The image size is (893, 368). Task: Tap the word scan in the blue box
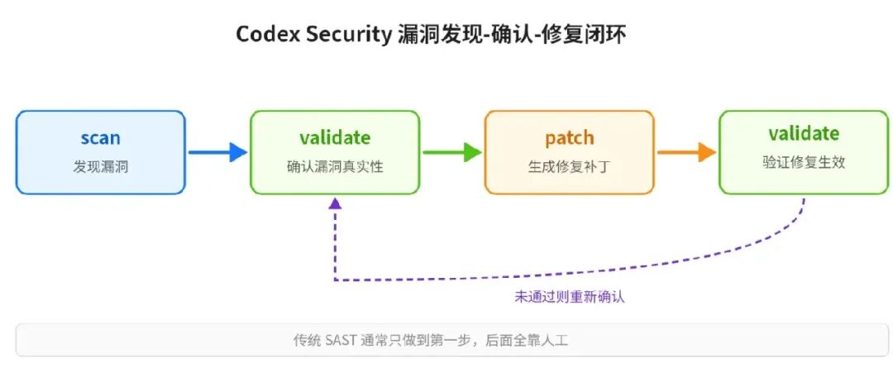[100, 138]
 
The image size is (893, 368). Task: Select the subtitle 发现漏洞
[100, 167]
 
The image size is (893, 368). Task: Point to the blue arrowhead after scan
[238, 152]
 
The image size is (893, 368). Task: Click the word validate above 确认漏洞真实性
[335, 137]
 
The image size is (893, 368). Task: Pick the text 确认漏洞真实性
[335, 167]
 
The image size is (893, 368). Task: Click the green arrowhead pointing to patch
[473, 152]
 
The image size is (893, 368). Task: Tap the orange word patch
[570, 138]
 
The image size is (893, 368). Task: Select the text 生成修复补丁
[570, 167]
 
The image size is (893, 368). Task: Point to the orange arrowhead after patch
[707, 152]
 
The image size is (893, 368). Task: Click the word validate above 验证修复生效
[804, 133]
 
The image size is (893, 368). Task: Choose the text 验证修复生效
[804, 162]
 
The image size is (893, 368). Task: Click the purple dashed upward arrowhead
[336, 203]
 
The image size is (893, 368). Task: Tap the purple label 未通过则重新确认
[570, 298]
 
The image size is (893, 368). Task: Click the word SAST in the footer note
[341, 341]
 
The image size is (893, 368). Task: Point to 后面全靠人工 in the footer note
[527, 341]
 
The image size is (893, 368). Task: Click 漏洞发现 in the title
[428, 36]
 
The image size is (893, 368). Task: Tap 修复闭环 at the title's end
[595, 36]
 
